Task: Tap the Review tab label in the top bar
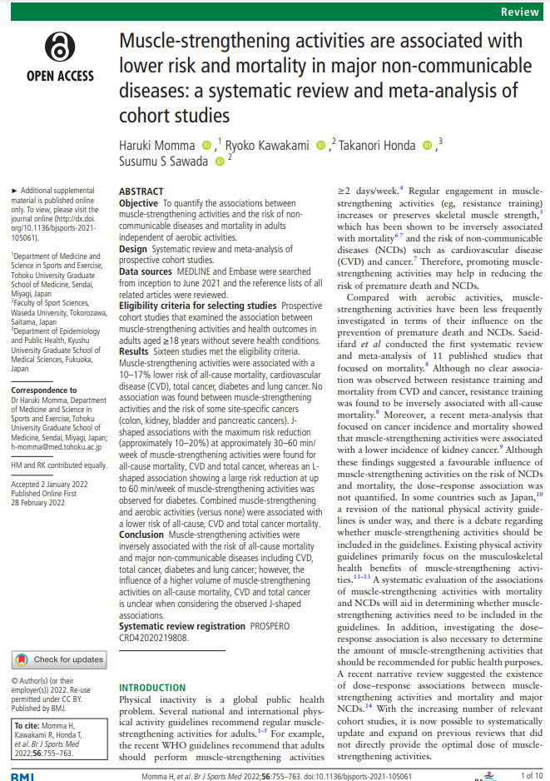pyautogui.click(x=522, y=12)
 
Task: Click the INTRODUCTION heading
pyautogui.click(x=152, y=688)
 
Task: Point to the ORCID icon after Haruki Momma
pyautogui.click(x=206, y=146)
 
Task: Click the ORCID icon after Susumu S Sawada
pyautogui.click(x=220, y=162)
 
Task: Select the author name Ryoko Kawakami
pyautogui.click(x=268, y=146)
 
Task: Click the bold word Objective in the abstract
pyautogui.click(x=137, y=203)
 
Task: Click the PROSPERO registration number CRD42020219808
pyautogui.click(x=153, y=638)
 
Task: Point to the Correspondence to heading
pyautogui.click(x=44, y=390)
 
